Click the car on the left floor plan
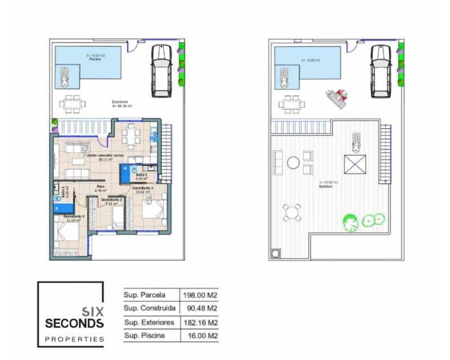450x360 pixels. [161, 70]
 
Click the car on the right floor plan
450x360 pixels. [380, 70]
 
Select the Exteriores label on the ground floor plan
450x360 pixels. [120, 103]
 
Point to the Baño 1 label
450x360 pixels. [141, 175]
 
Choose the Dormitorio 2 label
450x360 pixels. [112, 200]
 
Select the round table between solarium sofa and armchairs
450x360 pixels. [294, 163]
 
